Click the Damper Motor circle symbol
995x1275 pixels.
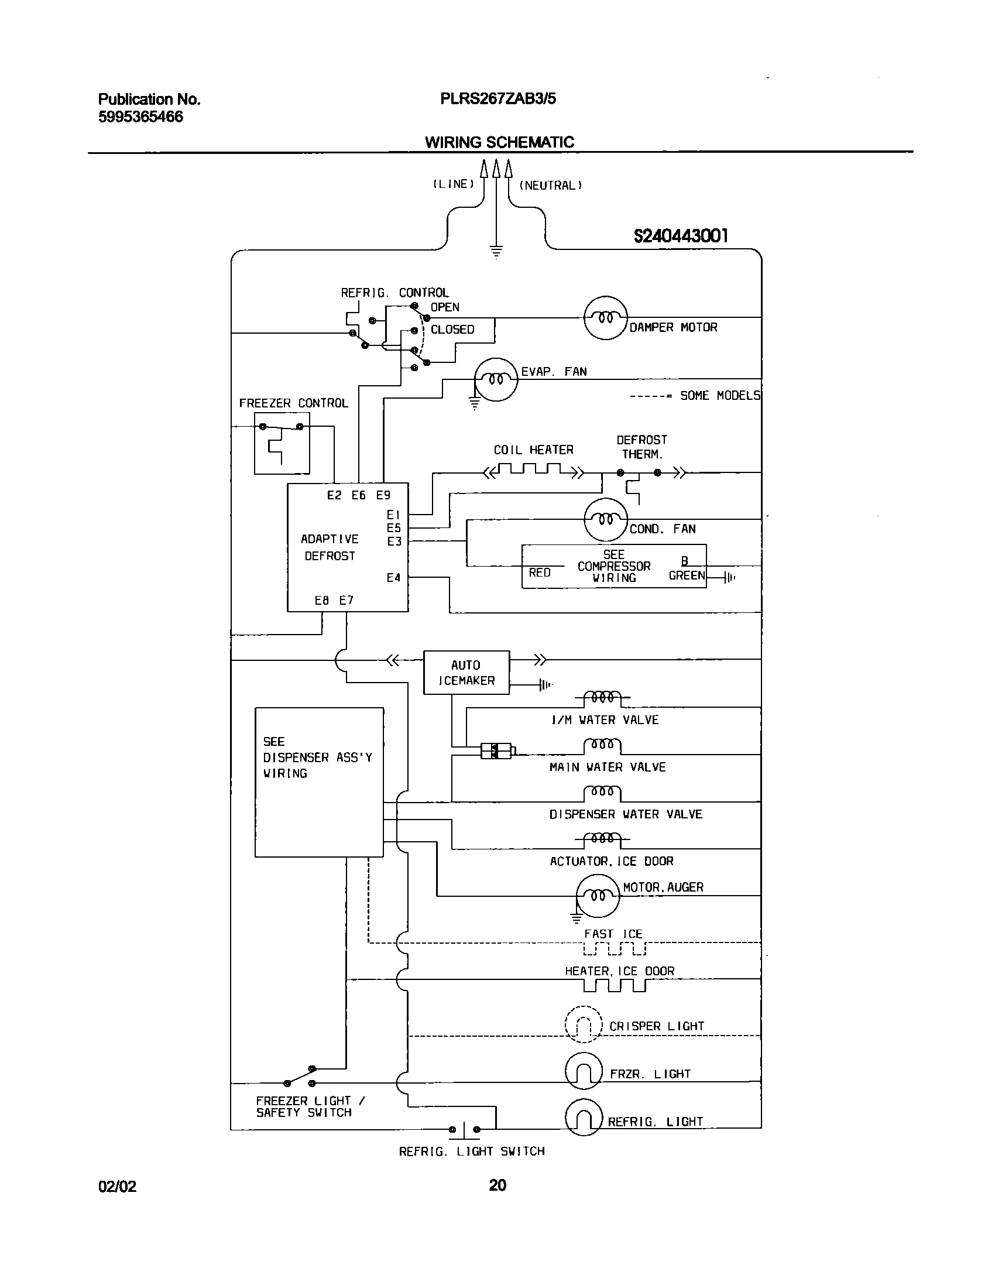tap(605, 318)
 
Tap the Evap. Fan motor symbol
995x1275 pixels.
tap(496, 379)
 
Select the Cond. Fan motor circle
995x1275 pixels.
tap(605, 519)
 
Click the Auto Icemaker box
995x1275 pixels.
tap(466, 672)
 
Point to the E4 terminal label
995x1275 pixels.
tap(393, 578)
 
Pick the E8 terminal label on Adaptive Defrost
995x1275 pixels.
tap(321, 600)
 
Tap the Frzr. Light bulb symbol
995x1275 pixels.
tap(583, 1071)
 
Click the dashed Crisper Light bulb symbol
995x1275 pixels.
tap(583, 1024)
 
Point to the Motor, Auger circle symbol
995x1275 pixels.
tap(597, 896)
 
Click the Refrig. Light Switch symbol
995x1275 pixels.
tap(465, 1130)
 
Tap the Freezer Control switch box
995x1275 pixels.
tap(282, 443)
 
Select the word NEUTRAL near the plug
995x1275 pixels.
tap(550, 186)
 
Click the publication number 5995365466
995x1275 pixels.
tap(140, 117)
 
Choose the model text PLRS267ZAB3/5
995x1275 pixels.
tap(497, 99)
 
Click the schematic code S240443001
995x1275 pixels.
tap(681, 236)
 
